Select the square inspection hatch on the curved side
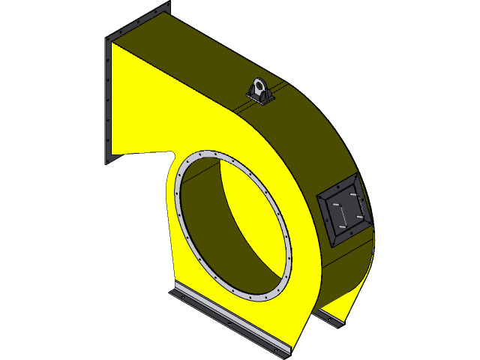[344, 209]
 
